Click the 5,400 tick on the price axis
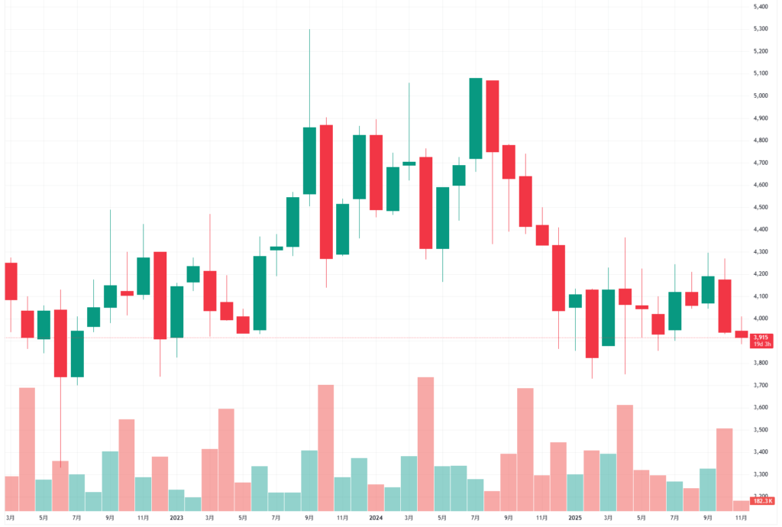pyautogui.click(x=760, y=6)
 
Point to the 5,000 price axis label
pyautogui.click(x=760, y=95)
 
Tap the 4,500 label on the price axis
pyautogui.click(x=760, y=207)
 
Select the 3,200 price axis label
pyautogui.click(x=760, y=496)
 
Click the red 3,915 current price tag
pyautogui.click(x=760, y=337)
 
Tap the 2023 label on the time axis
pyautogui.click(x=176, y=517)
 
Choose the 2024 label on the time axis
pyautogui.click(x=376, y=517)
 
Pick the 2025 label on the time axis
pyautogui.click(x=575, y=517)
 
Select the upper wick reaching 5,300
pyautogui.click(x=309, y=76)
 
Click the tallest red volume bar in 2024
pyautogui.click(x=426, y=443)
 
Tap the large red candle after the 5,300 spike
pyautogui.click(x=326, y=192)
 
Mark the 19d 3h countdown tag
pyautogui.click(x=760, y=344)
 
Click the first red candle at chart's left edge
pyautogui.click(x=11, y=281)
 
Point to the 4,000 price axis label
pyautogui.click(x=760, y=318)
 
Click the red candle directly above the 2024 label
pyautogui.click(x=376, y=172)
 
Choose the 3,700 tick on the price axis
pyautogui.click(x=760, y=385)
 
